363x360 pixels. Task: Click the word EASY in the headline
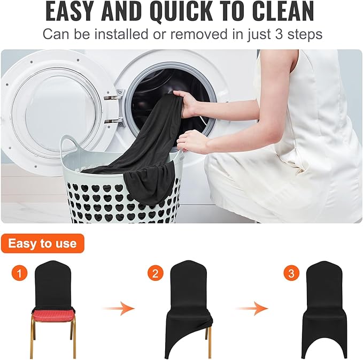(x=72, y=11)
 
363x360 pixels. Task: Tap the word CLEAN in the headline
(x=282, y=11)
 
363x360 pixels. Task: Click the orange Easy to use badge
(x=43, y=244)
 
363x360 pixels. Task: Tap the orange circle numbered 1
(x=19, y=274)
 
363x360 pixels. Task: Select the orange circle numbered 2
(x=156, y=274)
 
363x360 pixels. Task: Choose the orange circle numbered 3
(x=291, y=274)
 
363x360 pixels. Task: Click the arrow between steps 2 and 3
(x=253, y=308)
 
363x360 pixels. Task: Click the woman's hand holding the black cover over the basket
(x=190, y=142)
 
